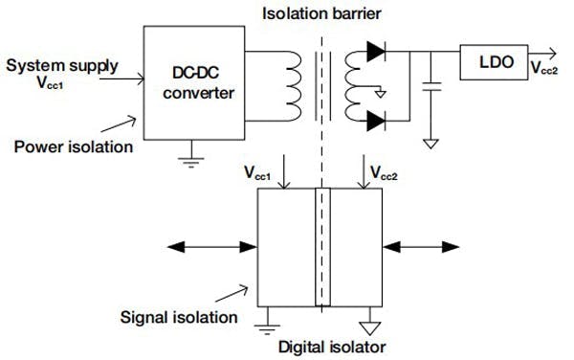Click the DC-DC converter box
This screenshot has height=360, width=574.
[187, 81]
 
